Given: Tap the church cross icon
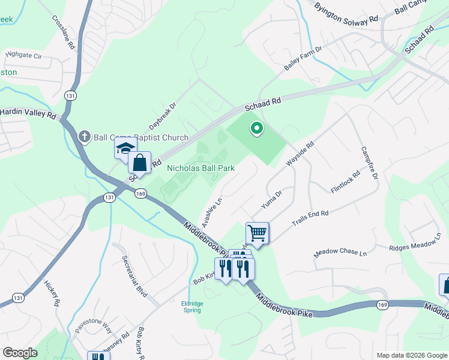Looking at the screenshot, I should coord(85,137).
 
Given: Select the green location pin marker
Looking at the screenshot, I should coord(257,128).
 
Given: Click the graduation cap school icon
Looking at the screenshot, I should coord(126,148).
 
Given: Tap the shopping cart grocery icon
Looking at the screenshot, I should coord(258,233).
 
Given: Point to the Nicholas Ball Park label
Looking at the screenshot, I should coord(200,169).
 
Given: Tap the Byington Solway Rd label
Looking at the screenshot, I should coord(346,13).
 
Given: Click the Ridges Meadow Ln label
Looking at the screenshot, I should coord(415,245).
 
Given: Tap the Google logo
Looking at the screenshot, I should coord(20,353).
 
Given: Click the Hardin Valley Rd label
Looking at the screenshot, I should coord(28,113).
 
